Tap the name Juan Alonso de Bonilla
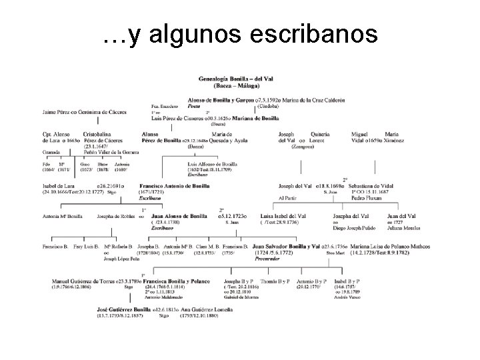179,217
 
